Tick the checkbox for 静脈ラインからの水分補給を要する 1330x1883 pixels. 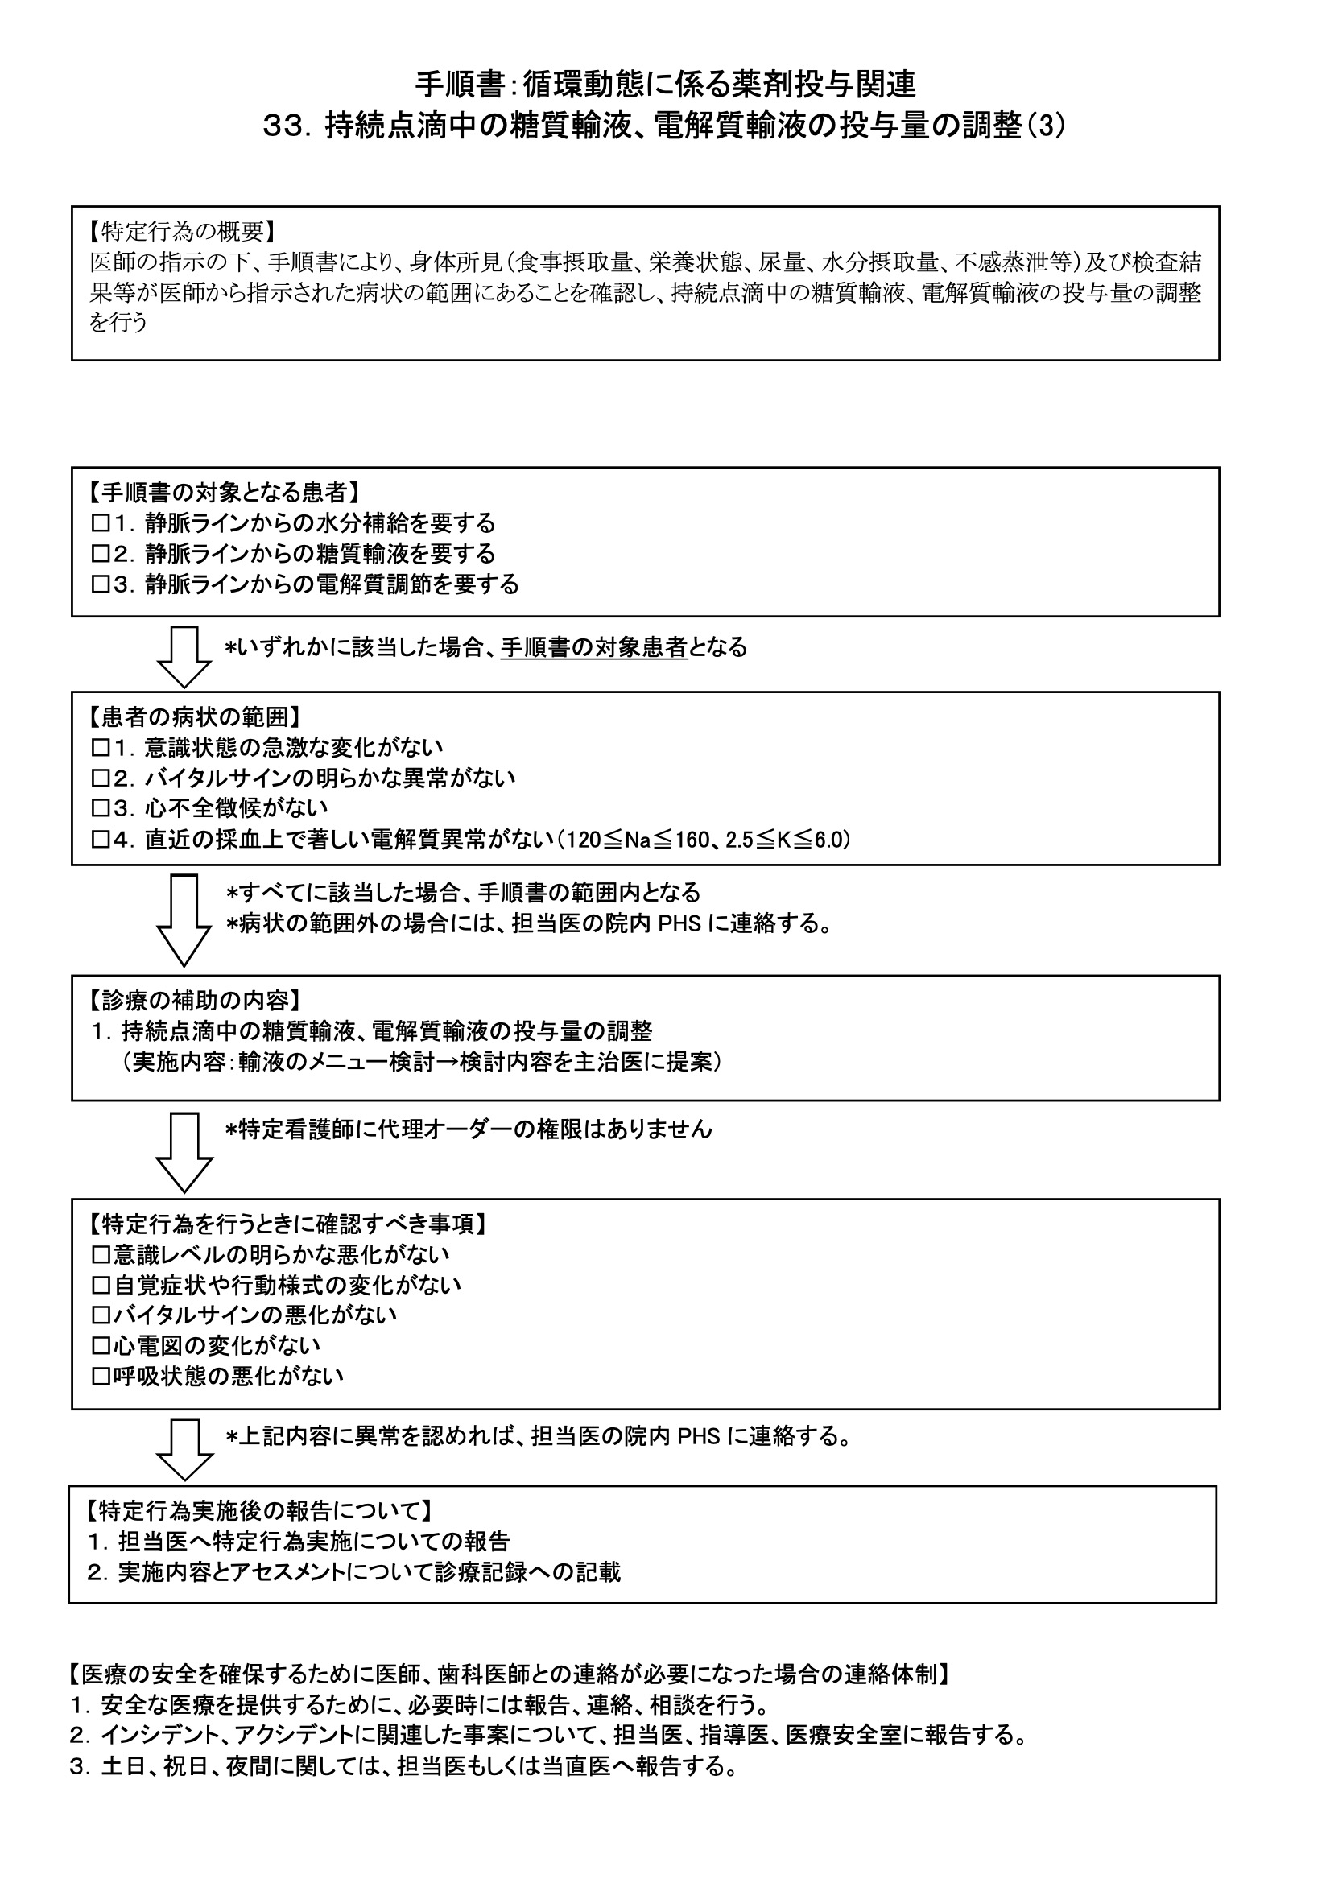tap(101, 522)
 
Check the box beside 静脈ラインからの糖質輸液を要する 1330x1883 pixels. tap(101, 554)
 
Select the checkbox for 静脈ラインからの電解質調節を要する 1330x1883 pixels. tap(101, 584)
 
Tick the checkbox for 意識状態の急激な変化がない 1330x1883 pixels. tap(101, 747)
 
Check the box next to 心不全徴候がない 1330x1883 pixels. tap(101, 808)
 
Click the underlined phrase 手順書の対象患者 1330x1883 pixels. tap(593, 647)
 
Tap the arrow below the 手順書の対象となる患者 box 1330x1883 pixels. tap(184, 657)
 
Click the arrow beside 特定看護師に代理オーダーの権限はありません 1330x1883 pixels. tap(184, 1151)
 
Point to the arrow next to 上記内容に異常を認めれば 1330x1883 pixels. tap(184, 1450)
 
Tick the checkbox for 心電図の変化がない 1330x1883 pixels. tap(101, 1345)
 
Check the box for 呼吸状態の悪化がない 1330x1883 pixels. tap(101, 1375)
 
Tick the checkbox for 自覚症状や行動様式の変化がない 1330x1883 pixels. tap(101, 1284)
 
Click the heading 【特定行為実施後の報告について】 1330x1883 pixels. tap(259, 1509)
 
